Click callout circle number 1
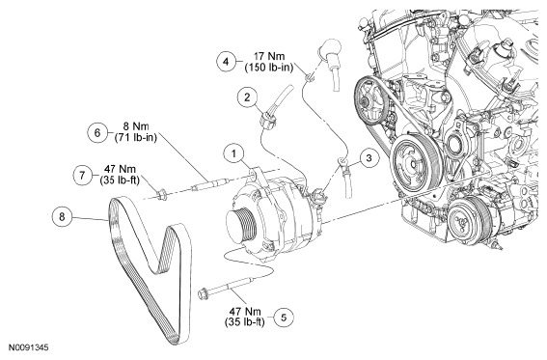[233, 154]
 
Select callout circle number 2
[247, 97]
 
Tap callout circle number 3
[369, 158]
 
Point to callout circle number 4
[227, 62]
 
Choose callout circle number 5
[284, 318]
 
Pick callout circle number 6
[97, 132]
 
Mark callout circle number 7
[82, 175]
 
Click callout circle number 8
[62, 217]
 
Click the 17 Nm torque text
[268, 56]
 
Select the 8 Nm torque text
[136, 126]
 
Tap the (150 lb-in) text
[268, 68]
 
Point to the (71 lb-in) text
[136, 137]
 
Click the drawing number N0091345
[29, 347]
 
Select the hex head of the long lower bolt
[204, 293]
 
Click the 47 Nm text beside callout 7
[120, 169]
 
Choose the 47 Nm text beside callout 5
[245, 311]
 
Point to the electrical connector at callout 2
[268, 119]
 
